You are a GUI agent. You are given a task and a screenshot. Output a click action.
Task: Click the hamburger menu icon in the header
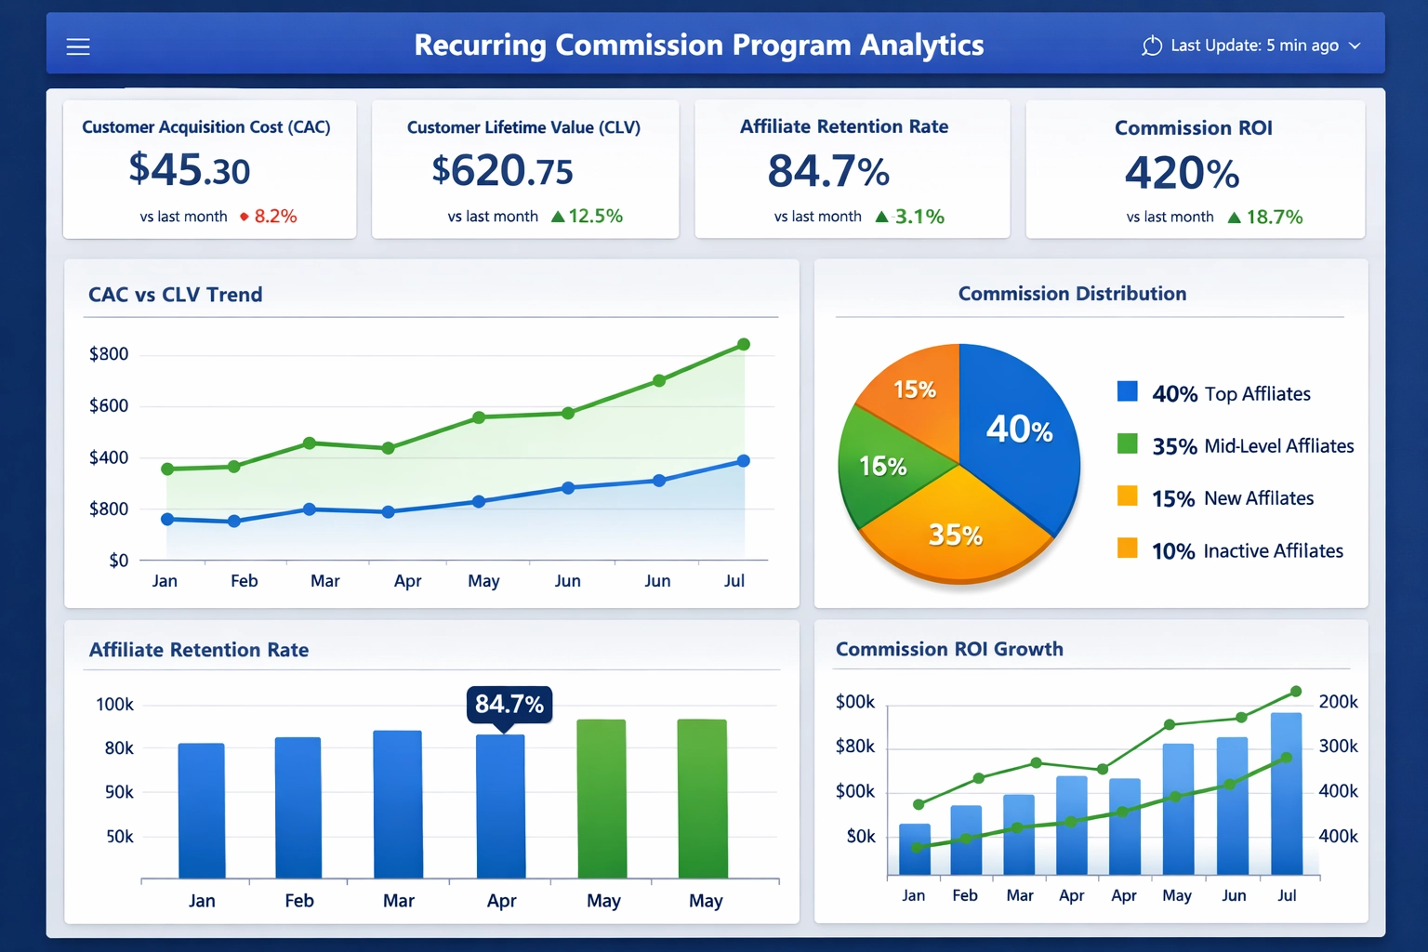coord(78,46)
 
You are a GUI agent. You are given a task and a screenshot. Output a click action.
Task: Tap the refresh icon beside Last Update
coord(1152,46)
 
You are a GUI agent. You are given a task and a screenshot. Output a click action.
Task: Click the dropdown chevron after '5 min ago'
coord(1355,46)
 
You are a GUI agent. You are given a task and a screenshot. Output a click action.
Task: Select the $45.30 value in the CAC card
coord(190,170)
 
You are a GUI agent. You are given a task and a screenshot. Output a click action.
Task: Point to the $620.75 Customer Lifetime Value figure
coord(502,171)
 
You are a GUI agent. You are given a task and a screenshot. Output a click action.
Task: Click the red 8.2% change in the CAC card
coord(275,217)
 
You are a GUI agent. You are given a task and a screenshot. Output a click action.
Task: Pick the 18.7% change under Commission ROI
coord(1274,218)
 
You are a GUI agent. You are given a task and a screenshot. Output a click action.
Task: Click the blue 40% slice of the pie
coord(1018,429)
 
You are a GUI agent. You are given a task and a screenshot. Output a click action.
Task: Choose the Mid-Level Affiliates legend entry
coord(1251,446)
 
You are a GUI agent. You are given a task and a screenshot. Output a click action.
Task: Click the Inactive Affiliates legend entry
coord(1247,551)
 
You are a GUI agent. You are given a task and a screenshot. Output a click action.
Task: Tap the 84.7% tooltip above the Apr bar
coord(509,704)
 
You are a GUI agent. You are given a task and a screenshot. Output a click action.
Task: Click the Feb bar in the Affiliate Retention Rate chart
coord(298,808)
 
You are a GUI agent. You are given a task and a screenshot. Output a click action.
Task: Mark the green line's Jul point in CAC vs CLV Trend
coord(744,345)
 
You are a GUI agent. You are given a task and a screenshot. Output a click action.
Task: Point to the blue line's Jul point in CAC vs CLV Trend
coord(744,461)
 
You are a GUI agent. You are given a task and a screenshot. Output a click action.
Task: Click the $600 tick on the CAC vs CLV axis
coord(109,405)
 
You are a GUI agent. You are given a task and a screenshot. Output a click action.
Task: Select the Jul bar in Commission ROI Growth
coord(1287,795)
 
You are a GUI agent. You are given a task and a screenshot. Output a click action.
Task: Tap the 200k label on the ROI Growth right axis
coord(1338,702)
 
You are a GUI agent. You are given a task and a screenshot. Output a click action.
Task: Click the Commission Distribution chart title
coord(1072,294)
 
